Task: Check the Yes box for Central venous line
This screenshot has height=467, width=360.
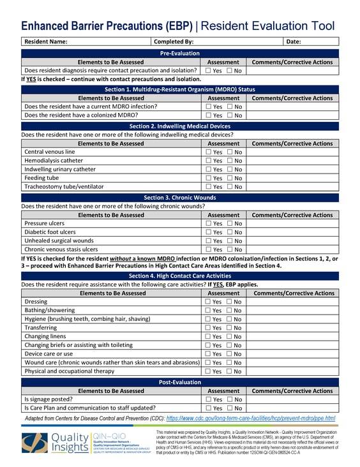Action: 209,152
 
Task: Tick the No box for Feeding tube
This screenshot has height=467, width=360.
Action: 230,178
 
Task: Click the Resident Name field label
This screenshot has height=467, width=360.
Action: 45,41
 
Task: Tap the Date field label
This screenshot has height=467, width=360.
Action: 294,41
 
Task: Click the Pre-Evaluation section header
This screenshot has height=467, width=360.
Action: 179,53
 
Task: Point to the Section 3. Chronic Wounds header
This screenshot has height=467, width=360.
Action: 179,198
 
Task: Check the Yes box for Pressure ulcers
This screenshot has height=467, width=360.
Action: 209,224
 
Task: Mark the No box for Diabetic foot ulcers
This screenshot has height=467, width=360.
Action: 230,232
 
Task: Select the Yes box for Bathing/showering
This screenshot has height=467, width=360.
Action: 208,310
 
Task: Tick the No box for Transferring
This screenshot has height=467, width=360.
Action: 229,327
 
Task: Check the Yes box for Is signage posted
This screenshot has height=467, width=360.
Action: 208,399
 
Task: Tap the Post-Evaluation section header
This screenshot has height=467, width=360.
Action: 179,382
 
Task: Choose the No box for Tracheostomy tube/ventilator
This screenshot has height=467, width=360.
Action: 230,186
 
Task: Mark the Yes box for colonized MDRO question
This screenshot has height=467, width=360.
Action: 209,115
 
